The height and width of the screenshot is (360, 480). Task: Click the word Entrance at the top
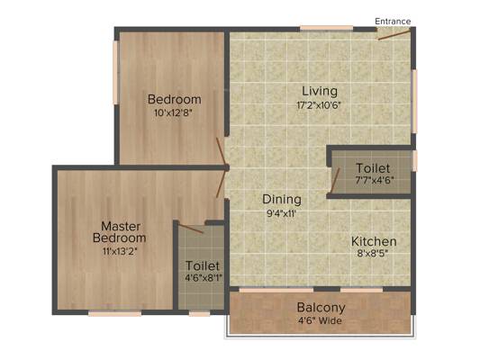pyautogui.click(x=394, y=21)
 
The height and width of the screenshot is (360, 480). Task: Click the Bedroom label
pyautogui.click(x=175, y=99)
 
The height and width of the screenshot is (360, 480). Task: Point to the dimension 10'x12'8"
pyautogui.click(x=175, y=113)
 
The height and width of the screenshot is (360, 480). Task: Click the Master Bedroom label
pyautogui.click(x=118, y=231)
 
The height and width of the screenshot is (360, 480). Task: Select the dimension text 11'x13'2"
pyautogui.click(x=118, y=251)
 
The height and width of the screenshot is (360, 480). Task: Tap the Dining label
pyautogui.click(x=281, y=199)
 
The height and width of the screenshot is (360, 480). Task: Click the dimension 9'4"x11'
pyautogui.click(x=281, y=213)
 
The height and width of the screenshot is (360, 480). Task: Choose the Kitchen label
pyautogui.click(x=374, y=241)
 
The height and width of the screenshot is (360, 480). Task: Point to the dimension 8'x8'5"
pyautogui.click(x=374, y=256)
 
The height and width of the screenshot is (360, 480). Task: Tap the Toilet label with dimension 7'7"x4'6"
pyautogui.click(x=373, y=168)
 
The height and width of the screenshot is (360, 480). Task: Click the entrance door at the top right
pyautogui.click(x=394, y=33)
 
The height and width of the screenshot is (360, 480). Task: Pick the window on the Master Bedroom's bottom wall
pyautogui.click(x=114, y=313)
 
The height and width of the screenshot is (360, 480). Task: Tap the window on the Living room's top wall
pyautogui.click(x=326, y=28)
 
